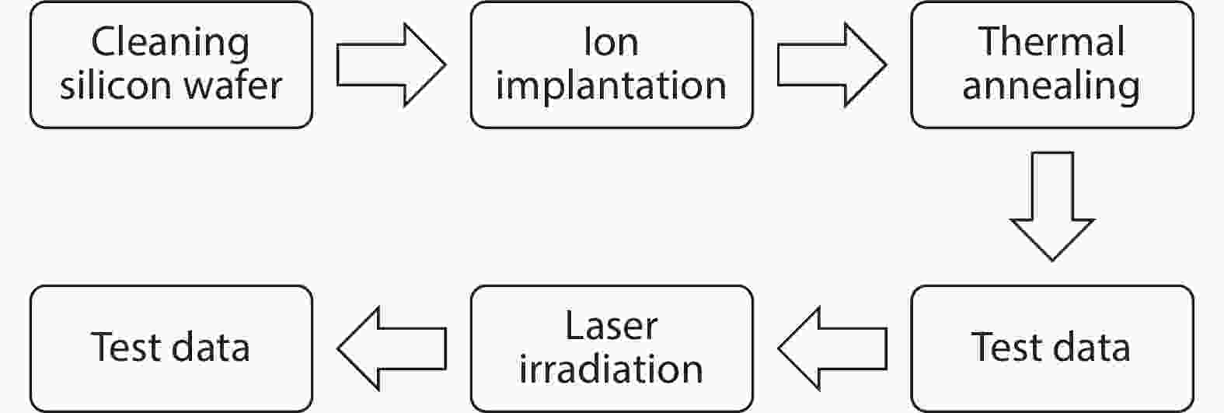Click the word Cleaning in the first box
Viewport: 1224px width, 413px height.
pyautogui.click(x=170, y=44)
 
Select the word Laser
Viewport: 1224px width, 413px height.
pyautogui.click(x=611, y=325)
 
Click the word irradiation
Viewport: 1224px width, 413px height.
pyautogui.click(x=611, y=369)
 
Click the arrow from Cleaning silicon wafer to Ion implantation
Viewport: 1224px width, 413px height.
pyautogui.click(x=391, y=65)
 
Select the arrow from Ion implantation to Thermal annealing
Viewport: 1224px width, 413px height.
pyautogui.click(x=832, y=65)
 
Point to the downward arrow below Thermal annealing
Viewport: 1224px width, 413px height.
pyautogui.click(x=1052, y=206)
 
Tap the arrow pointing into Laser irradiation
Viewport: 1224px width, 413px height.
pyautogui.click(x=832, y=348)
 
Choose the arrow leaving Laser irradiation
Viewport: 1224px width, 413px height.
pyautogui.click(x=392, y=348)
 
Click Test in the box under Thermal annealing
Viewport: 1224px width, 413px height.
pyautogui.click(x=1005, y=347)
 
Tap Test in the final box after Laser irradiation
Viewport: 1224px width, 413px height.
pyautogui.click(x=125, y=347)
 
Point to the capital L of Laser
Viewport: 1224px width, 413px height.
pyautogui.click(x=574, y=325)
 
